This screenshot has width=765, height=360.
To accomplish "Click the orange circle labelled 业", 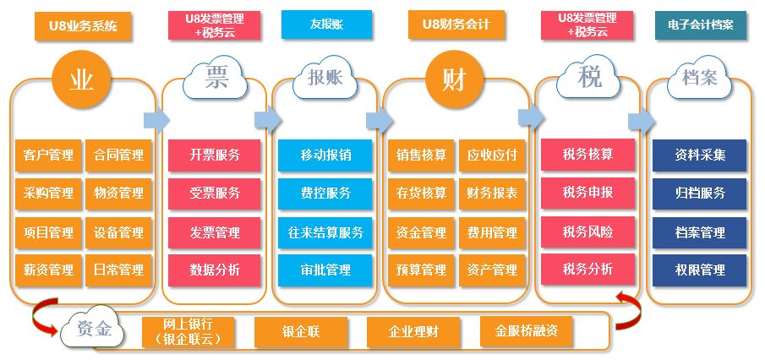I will point(81,81).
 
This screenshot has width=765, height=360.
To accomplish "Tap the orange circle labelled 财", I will point(453,81).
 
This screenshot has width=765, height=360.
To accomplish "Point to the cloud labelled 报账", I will point(325,79).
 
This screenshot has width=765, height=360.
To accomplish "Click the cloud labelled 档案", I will point(698,79).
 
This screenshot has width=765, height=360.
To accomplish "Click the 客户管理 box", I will point(48,155).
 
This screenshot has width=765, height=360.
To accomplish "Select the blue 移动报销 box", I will point(325,155).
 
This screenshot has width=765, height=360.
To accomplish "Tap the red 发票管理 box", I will point(215,232).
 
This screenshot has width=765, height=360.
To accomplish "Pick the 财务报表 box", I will point(492,194).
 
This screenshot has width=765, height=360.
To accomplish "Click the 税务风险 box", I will point(587,231).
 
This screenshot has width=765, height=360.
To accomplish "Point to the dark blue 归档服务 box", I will point(699,194).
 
